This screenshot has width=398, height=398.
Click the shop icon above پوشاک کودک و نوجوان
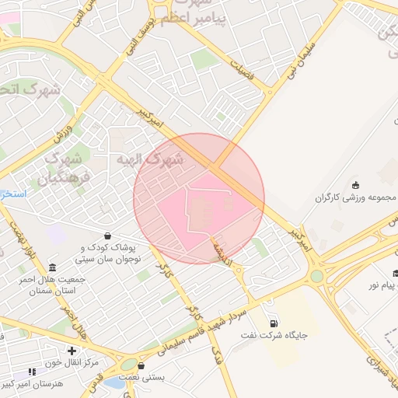click(106, 236)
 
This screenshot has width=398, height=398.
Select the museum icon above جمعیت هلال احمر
click(52, 267)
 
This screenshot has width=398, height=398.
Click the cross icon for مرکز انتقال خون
click(72, 351)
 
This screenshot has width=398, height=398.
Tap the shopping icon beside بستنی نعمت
click(141, 365)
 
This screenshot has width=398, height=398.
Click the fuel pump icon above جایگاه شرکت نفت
click(272, 323)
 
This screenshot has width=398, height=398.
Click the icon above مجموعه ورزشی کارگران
click(356, 184)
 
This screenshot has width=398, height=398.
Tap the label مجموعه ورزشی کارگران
click(356, 197)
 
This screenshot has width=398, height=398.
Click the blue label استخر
click(13, 192)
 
